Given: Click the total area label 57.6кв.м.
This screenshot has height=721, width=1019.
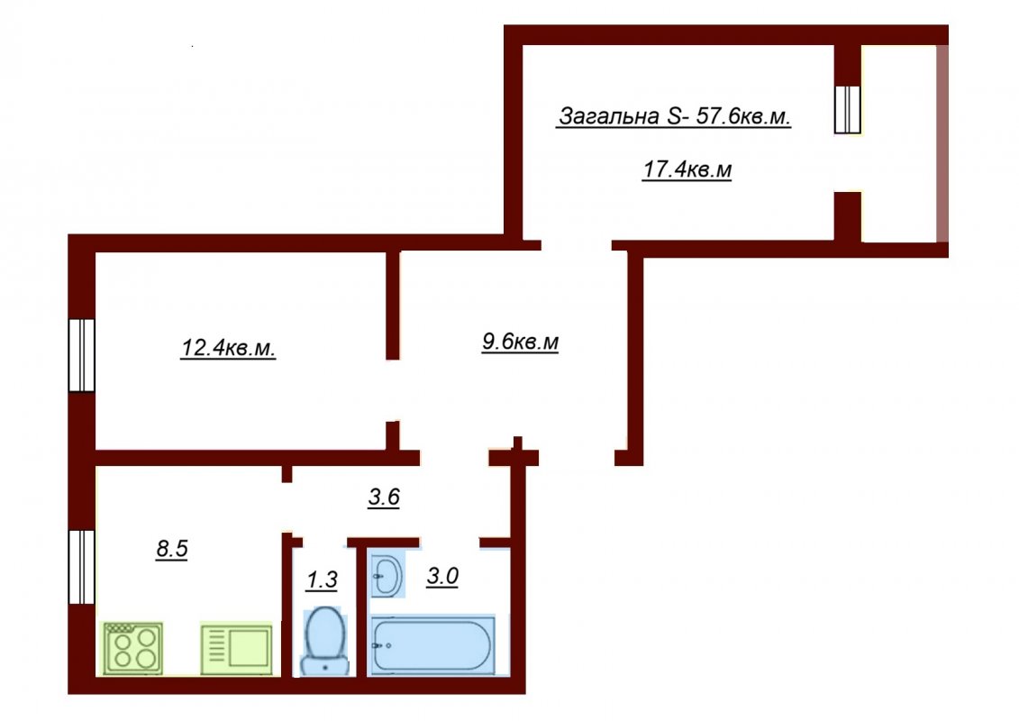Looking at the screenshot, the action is coord(742,116).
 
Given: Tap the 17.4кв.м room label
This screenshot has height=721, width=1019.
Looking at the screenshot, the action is coord(687,169).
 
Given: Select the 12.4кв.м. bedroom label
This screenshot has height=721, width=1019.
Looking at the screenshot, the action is coord(228,348).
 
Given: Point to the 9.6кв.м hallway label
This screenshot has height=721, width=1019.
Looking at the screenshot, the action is coord(520,342).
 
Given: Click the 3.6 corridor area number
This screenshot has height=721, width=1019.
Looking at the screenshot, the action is coord(384,497).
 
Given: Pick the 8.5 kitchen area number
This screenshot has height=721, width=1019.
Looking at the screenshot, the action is coord(171,549).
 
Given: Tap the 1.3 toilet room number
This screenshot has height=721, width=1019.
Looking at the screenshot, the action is coord(322,580).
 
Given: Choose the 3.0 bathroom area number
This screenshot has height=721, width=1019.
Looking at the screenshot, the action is coord(442,576).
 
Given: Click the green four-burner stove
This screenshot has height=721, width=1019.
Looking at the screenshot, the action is coord(133,648).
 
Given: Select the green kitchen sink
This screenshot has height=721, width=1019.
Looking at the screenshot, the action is coord(237,648).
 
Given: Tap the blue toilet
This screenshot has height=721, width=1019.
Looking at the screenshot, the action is coord(324,641).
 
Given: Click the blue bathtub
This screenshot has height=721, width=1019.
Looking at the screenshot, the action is coord(432,645).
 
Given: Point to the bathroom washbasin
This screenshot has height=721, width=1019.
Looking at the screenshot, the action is coord(388,575).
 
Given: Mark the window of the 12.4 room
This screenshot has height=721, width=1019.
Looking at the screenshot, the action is coord(82,355).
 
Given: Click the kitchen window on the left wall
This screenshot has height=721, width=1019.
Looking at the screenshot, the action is coord(82,567).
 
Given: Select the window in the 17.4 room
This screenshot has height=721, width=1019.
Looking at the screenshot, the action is coord(848,109).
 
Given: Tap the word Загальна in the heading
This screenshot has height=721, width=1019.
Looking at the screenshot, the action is coord(610,116).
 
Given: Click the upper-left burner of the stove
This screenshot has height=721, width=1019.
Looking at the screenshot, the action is coord(123,638).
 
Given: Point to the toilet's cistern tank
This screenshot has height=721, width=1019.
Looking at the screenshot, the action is coord(324,665).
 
